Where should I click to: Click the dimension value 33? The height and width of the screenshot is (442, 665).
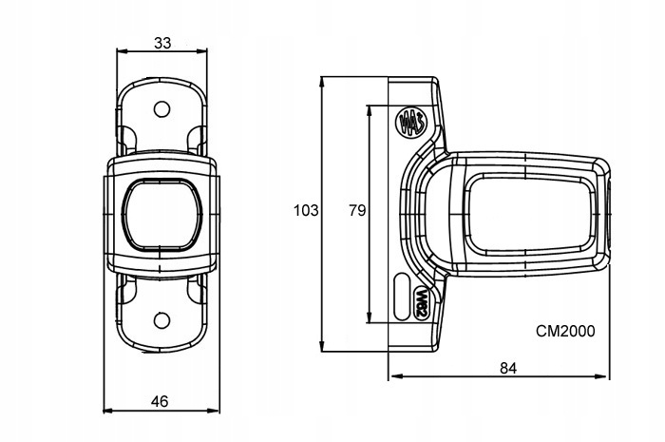[162, 43]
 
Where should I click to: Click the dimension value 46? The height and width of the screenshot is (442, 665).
[161, 401]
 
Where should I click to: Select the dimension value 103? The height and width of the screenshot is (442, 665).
[304, 210]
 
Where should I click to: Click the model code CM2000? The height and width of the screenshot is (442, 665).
[565, 332]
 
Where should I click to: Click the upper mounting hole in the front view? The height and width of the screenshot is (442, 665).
[161, 107]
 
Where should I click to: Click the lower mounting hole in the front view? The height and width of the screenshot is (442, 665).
[161, 319]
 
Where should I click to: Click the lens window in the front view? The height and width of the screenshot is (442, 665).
[161, 214]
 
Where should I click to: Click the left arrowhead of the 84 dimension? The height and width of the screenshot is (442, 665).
[392, 376]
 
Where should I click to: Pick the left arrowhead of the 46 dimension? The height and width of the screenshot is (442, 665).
[105, 411]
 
